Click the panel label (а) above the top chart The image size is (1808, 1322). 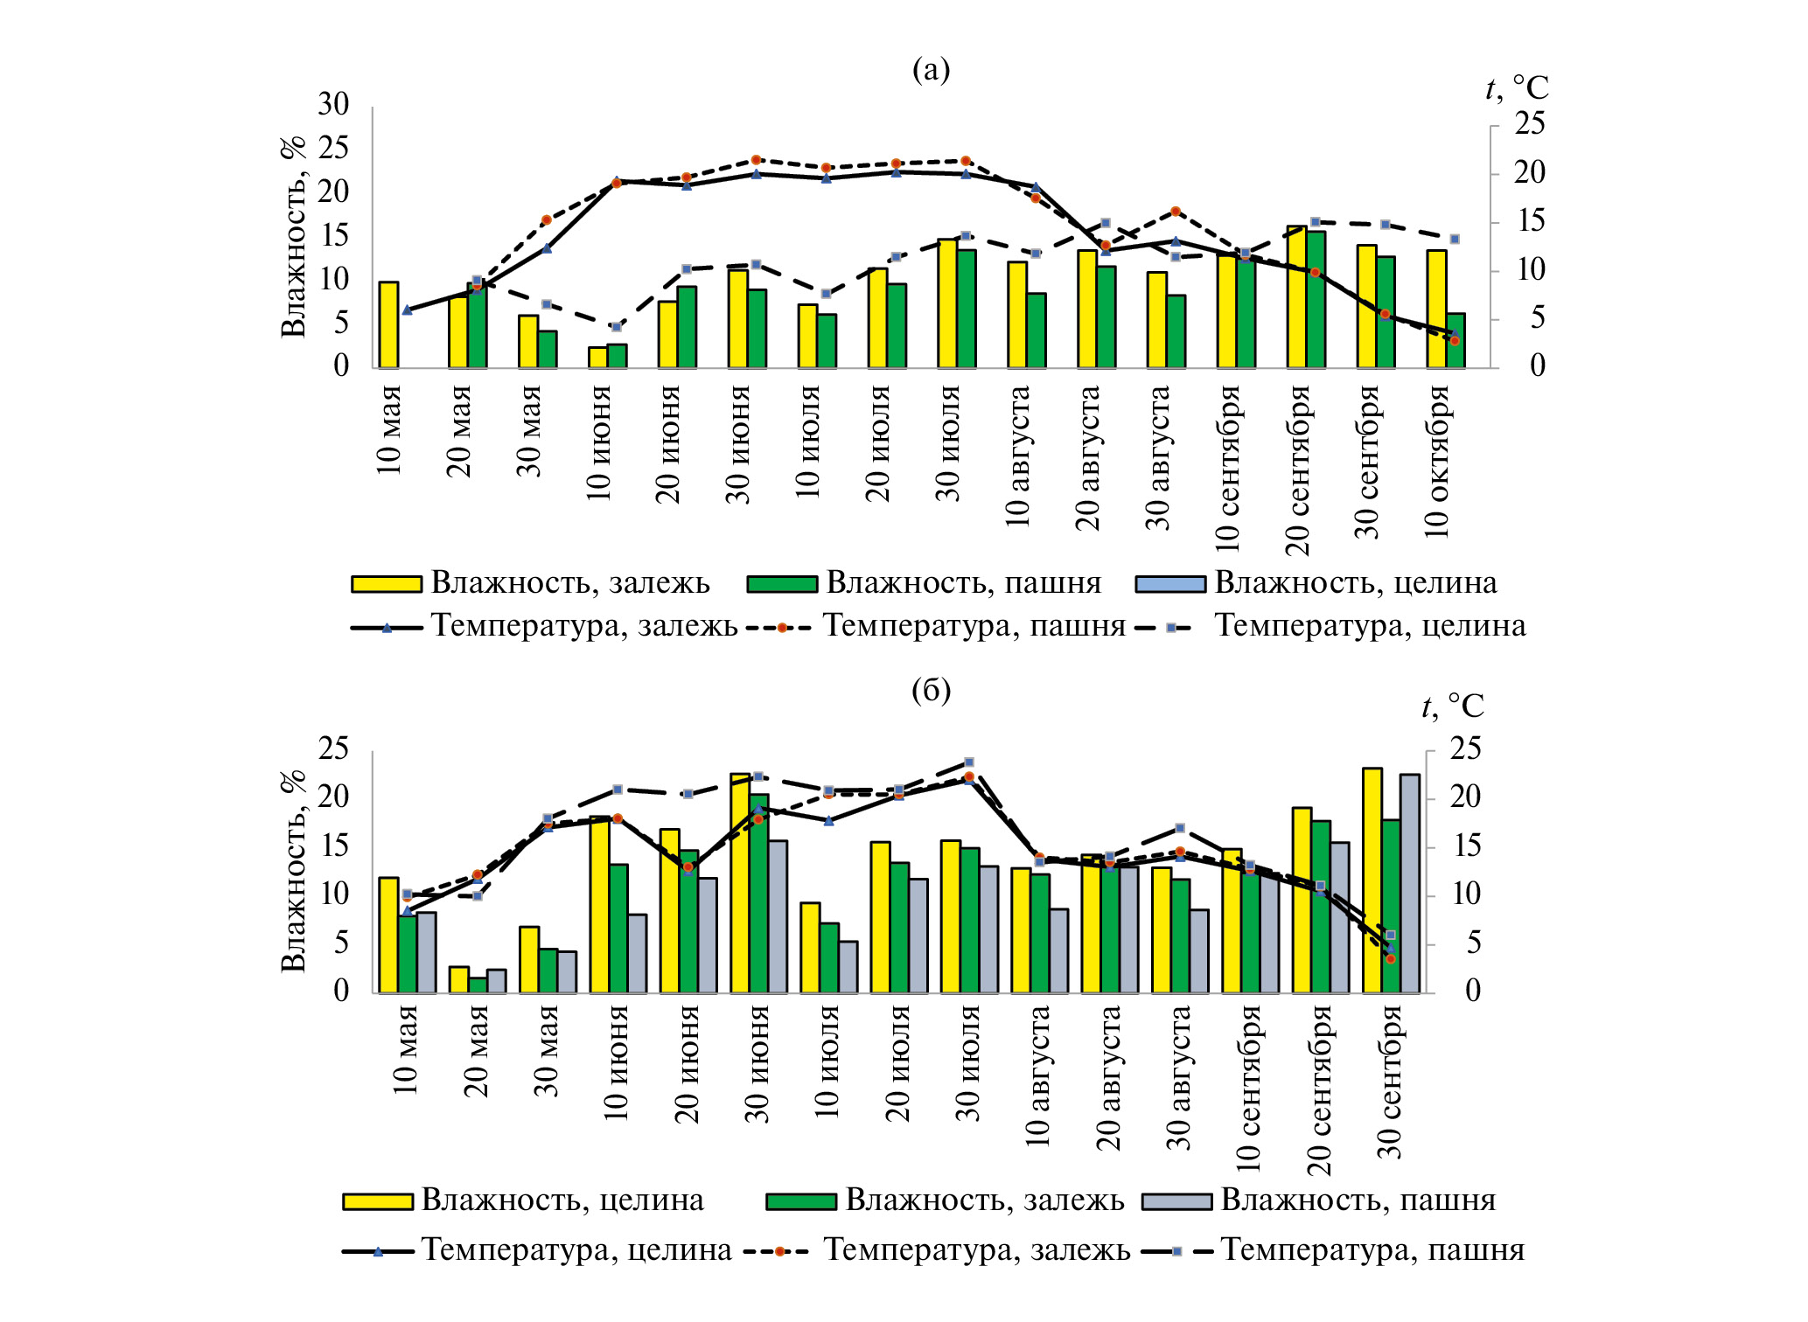[930, 69]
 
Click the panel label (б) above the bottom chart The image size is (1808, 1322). [930, 691]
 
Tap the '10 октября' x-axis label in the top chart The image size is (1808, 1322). [1437, 461]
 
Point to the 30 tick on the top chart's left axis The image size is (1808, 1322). [333, 105]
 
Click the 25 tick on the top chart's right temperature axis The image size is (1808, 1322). [1530, 124]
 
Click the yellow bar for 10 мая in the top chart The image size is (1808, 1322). [388, 324]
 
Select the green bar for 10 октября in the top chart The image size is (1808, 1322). [1455, 340]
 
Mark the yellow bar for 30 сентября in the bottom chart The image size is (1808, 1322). [1372, 880]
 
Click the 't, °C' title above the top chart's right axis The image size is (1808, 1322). [1517, 88]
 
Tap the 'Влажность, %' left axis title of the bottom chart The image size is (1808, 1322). [294, 871]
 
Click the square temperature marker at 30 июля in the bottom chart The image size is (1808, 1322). [968, 762]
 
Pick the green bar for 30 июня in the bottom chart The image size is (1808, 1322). [758, 894]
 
